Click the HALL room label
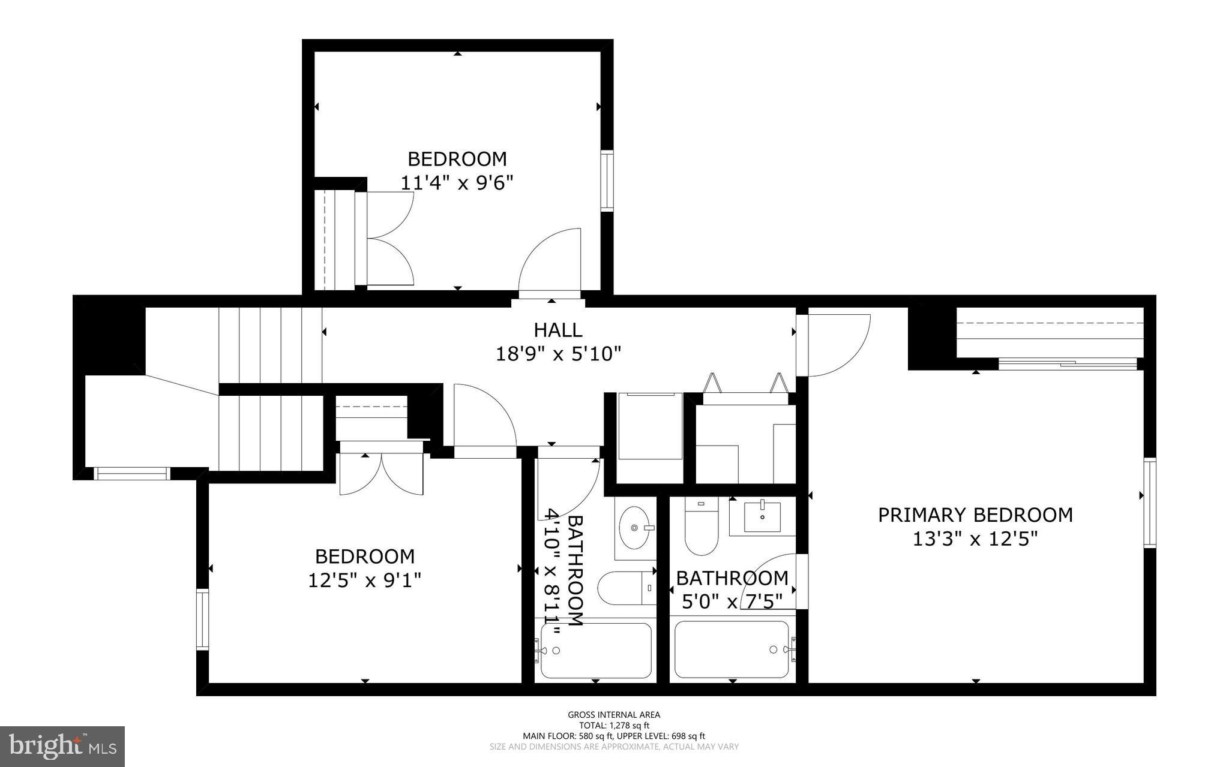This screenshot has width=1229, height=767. [557, 330]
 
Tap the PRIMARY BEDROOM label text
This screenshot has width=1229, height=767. [975, 515]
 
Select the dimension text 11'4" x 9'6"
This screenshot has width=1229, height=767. [457, 182]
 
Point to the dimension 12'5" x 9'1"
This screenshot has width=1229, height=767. [364, 580]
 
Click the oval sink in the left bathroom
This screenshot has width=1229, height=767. [634, 528]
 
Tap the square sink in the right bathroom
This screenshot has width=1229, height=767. [762, 518]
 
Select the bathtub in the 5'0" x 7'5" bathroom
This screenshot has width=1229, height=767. [732, 649]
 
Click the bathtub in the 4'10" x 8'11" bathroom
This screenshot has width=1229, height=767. [595, 651]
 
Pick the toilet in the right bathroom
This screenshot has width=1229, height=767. [702, 528]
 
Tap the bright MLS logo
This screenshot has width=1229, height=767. [62, 746]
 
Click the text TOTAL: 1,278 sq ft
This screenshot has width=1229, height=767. [614, 725]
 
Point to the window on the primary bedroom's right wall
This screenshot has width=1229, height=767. [1149, 503]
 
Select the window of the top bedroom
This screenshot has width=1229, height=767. [607, 181]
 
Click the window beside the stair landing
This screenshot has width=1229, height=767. [132, 474]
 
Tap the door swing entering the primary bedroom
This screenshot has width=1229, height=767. [837, 345]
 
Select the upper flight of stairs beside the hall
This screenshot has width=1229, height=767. [270, 345]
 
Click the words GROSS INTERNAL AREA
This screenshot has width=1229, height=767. [614, 714]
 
